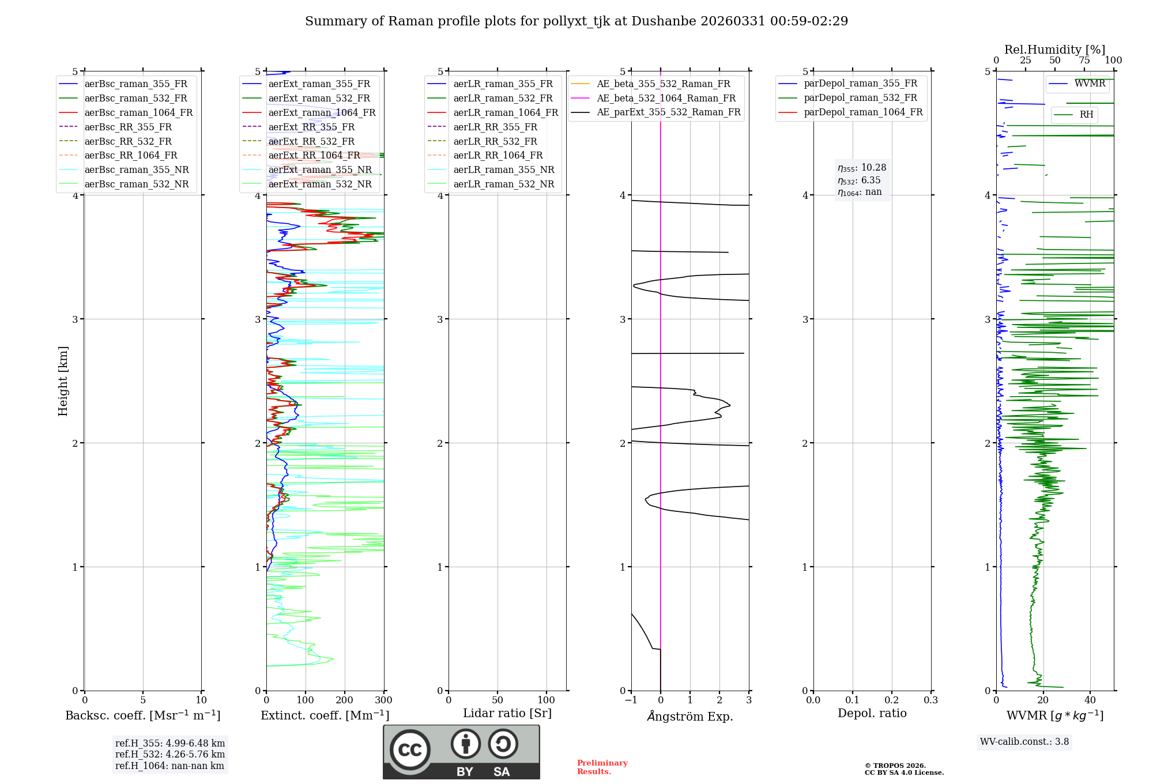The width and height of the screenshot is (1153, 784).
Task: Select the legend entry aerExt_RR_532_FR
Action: tap(311, 141)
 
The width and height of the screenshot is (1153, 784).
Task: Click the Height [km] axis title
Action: tap(63, 381)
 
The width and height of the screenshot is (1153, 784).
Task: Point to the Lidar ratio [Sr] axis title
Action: tap(507, 713)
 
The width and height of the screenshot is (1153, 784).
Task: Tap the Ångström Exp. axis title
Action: tap(690, 716)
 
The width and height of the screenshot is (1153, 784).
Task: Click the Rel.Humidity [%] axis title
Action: tap(1054, 50)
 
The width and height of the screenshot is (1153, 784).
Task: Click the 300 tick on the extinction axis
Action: tap(384, 700)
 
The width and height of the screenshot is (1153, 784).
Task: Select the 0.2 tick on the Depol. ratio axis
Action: tap(892, 700)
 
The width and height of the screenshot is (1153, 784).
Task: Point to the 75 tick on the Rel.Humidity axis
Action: tap(1084, 61)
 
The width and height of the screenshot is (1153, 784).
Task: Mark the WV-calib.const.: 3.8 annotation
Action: tap(1024, 742)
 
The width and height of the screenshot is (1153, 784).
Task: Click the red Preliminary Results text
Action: tap(602, 767)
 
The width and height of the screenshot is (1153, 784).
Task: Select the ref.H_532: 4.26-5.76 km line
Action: tap(170, 755)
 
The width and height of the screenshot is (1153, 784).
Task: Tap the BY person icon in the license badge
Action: tap(465, 744)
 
